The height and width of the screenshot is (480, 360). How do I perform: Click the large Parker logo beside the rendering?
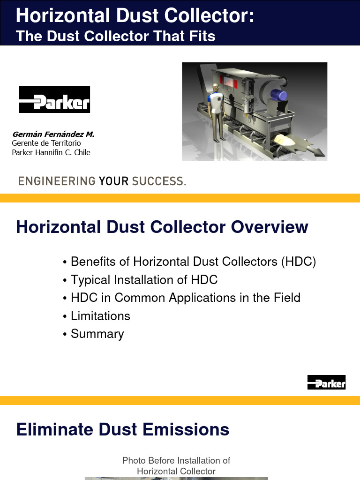[x=54, y=100]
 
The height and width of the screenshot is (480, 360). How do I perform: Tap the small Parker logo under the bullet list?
[x=326, y=382]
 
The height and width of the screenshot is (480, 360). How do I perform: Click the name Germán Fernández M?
[x=53, y=135]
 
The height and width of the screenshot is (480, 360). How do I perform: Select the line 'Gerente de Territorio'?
[x=46, y=143]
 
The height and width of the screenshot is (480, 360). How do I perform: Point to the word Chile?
[x=82, y=152]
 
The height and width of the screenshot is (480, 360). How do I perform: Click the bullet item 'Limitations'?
[x=100, y=316]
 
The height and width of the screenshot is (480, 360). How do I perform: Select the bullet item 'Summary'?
[x=97, y=334]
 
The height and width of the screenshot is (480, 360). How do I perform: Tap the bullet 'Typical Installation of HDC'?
[x=144, y=280]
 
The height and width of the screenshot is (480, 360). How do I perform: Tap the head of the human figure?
[x=215, y=88]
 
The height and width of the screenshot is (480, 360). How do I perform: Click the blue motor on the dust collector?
[x=280, y=96]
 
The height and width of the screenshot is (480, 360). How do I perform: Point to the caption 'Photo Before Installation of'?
[x=176, y=461]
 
